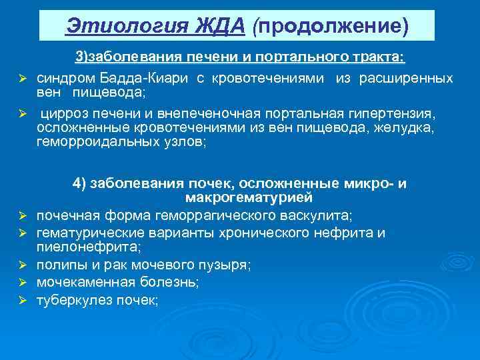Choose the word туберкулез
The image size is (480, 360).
71,300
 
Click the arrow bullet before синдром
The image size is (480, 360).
21,79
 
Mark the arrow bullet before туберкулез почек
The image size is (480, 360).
21,301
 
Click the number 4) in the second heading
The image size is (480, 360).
79,183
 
